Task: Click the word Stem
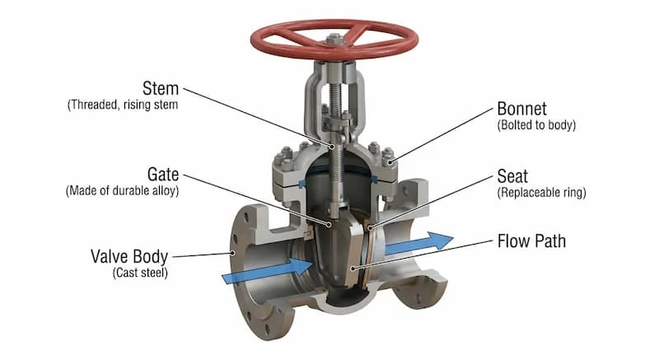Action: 161,89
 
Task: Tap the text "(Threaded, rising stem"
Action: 123,105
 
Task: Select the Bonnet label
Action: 521,109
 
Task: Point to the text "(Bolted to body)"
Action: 536,125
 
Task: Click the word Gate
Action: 163,175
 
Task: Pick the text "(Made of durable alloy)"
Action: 122,191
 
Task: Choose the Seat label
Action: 512,176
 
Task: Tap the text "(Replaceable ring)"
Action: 541,193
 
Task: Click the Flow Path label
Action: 531,241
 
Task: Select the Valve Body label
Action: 129,256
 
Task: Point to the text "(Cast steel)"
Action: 140,273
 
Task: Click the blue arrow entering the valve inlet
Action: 267,269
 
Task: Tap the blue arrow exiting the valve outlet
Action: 419,242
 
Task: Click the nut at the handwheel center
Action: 334,40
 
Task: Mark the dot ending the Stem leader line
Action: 332,147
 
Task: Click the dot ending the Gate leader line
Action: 329,225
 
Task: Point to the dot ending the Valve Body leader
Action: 232,253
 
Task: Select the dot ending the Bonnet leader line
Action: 390,162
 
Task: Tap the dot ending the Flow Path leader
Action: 353,268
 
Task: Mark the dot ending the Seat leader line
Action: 370,228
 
